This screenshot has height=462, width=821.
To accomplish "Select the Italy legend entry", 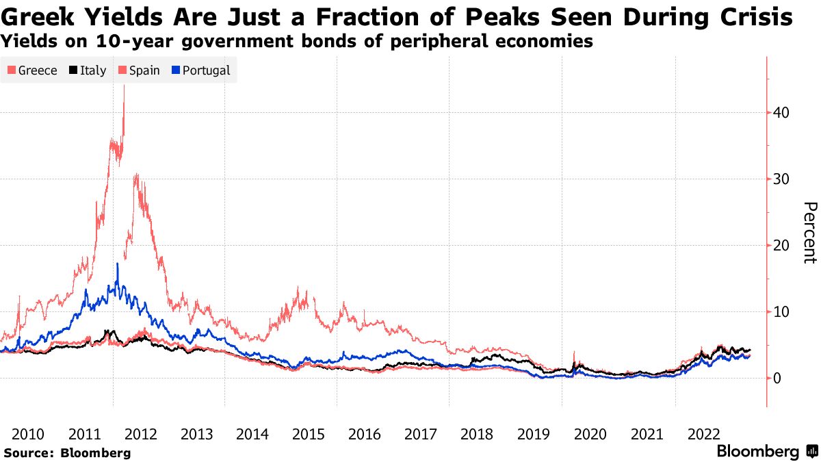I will click(87, 70).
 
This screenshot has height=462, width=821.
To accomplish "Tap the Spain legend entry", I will click(139, 70).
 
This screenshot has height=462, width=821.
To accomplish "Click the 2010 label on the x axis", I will click(29, 434).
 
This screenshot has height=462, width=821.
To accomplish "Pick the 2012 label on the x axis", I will click(141, 434).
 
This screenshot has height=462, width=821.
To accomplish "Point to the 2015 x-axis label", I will click(309, 434).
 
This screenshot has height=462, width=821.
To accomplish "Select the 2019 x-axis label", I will click(534, 434).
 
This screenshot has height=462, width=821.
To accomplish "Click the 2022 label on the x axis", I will click(703, 434).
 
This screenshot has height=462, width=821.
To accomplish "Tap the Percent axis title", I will click(810, 233).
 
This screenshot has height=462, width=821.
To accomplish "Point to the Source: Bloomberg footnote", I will click(67, 452).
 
